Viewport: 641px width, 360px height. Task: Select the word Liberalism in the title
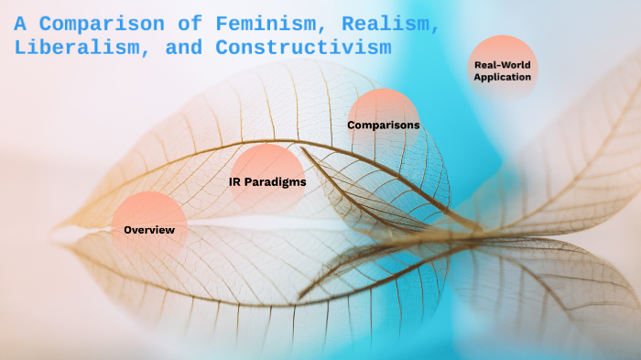[x=69, y=47]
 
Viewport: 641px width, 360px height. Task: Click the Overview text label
[x=148, y=230]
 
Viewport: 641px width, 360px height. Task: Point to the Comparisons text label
[x=383, y=125]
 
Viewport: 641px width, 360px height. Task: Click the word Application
[x=502, y=78]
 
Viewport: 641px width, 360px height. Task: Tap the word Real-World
[x=502, y=65]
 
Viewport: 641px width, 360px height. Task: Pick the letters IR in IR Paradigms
[x=234, y=182]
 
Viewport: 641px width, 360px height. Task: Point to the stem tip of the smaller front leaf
[x=303, y=148]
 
